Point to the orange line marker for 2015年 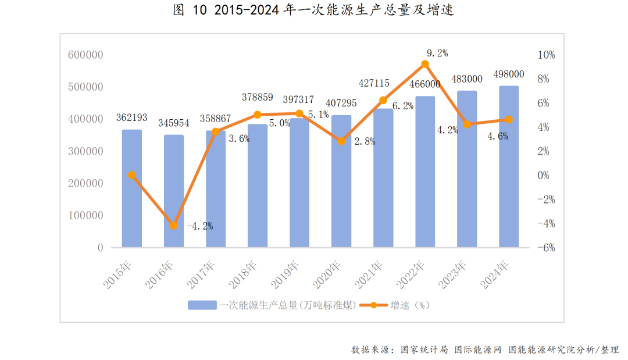tap(132, 175)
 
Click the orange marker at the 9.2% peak tap(425, 64)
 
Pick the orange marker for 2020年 tap(341, 141)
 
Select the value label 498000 tap(509, 74)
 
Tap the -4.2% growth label tap(199, 226)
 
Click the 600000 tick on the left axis tap(85, 55)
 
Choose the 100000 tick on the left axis tap(85, 215)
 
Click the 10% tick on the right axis tap(547, 55)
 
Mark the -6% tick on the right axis tap(547, 248)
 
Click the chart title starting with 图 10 tap(313, 10)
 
